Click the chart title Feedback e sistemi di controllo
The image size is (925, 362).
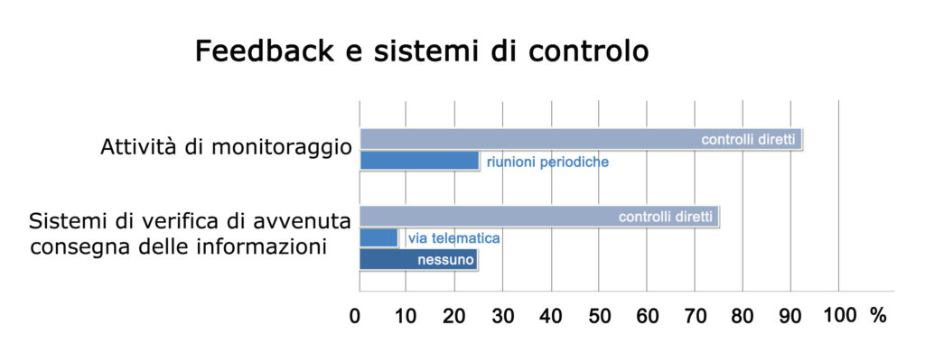click(x=422, y=51)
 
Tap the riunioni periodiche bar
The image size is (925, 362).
click(x=419, y=161)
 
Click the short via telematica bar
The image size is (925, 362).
click(x=378, y=237)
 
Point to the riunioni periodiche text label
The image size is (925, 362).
click(x=547, y=162)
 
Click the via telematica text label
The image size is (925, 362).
click(x=453, y=238)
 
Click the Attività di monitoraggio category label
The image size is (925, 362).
click(x=226, y=147)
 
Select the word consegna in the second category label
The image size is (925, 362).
click(x=70, y=246)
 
